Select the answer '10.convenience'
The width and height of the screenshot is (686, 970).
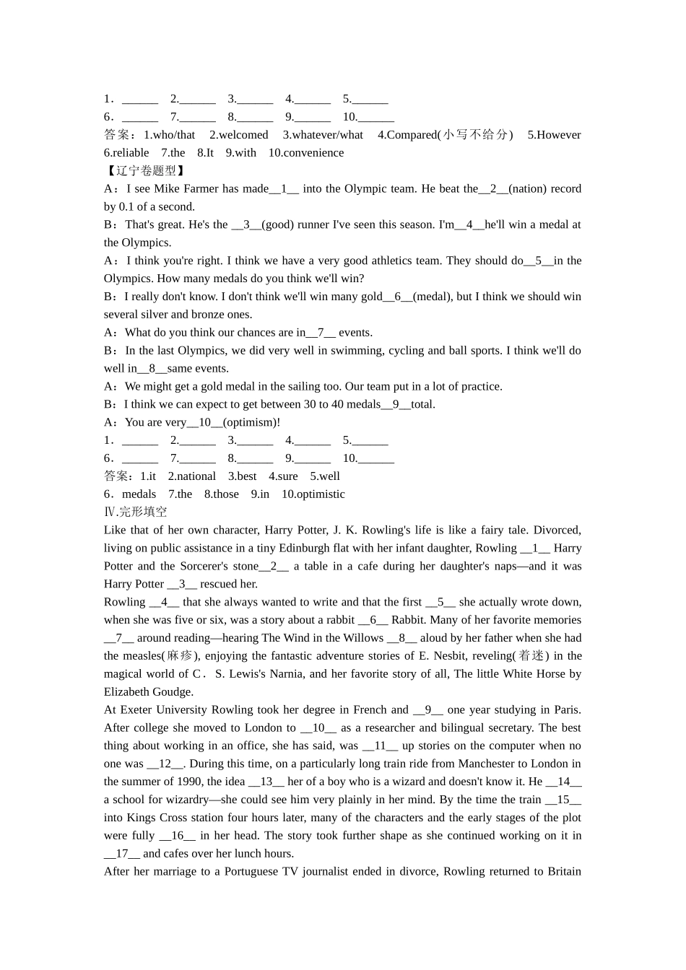pyautogui.click(x=306, y=153)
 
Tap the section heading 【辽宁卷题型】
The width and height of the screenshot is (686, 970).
pyautogui.click(x=145, y=171)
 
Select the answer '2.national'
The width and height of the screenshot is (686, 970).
pyautogui.click(x=192, y=476)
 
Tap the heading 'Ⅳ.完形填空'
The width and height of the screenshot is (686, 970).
pyautogui.click(x=136, y=512)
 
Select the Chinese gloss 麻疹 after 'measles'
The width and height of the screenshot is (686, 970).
pyautogui.click(x=180, y=656)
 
